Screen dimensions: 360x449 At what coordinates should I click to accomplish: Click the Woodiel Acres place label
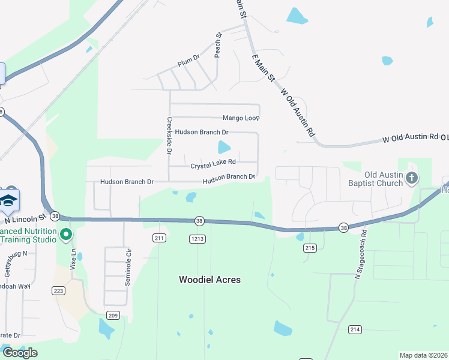[x=209, y=280]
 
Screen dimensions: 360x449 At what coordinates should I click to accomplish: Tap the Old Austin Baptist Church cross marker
[x=412, y=178]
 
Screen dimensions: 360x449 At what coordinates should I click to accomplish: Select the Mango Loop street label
[x=240, y=118]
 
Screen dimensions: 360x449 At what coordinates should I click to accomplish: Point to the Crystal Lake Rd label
[x=213, y=163]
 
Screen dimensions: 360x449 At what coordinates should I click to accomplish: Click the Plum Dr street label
[x=188, y=62]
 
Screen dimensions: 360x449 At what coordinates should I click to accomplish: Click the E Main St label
[x=263, y=68]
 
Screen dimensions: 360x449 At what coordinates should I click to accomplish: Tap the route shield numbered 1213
[x=197, y=239]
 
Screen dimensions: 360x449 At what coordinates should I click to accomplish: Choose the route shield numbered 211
[x=159, y=238]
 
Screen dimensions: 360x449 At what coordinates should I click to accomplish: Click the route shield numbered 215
[x=310, y=248]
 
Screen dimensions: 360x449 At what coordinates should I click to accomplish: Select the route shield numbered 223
[x=58, y=291]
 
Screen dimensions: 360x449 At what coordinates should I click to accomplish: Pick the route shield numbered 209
[x=113, y=315]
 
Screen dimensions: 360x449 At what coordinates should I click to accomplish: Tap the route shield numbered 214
[x=355, y=329]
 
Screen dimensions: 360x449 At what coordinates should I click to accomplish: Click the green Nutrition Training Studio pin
[x=66, y=235]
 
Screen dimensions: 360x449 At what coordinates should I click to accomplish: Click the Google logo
[x=19, y=353]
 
